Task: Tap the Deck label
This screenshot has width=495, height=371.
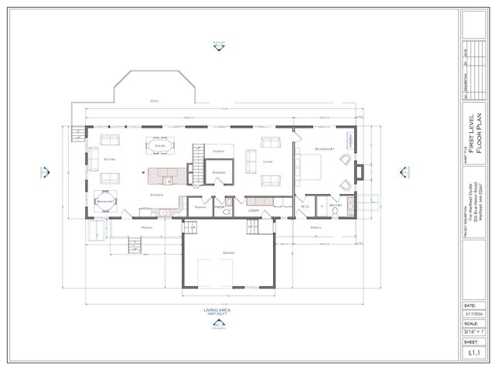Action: point(155,101)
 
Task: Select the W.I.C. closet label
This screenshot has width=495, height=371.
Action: point(304,206)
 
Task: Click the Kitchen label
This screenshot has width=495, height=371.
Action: point(157,195)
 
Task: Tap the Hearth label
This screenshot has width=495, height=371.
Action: point(219,151)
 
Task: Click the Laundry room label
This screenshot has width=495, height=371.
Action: point(253,210)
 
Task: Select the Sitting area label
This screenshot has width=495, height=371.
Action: point(110,159)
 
